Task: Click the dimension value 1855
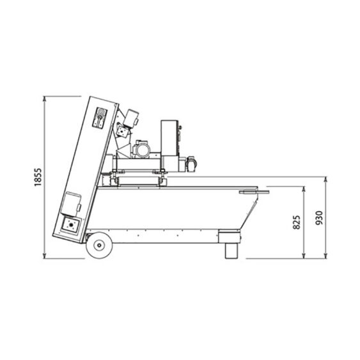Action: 38,177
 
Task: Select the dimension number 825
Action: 297,223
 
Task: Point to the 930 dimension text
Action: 319,218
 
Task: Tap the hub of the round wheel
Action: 99,245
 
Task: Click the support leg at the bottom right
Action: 231,251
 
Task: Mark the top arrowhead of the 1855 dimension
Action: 45,98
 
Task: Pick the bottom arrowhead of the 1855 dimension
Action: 45,256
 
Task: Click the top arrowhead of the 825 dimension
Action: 304,189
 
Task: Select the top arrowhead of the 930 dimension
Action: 325,179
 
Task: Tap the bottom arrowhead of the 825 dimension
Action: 304,256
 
